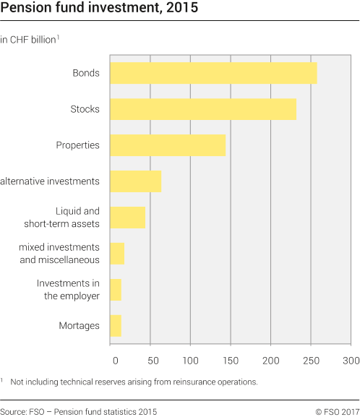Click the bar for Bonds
coord(213,73)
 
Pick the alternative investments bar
coord(135,181)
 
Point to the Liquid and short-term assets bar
coord(128,217)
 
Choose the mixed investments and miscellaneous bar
coord(117,254)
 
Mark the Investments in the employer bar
coord(116,290)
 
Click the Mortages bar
coord(116,326)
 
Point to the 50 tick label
coord(150,358)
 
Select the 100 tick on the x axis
coord(191,358)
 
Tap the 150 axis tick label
coord(231,358)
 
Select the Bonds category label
coord(86,73)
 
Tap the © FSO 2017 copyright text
coord(337,410)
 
